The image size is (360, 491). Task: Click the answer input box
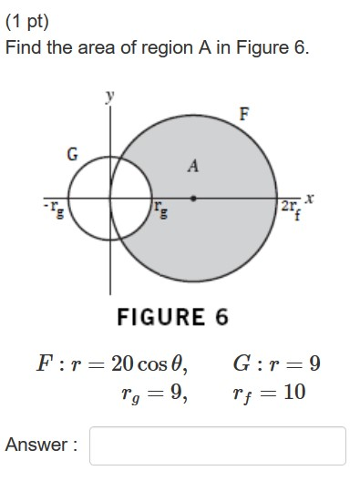[218, 445]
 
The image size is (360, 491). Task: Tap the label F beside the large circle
[243, 114]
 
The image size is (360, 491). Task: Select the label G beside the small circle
[71, 154]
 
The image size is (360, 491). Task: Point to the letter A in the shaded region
[192, 166]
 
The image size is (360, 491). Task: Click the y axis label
[110, 95]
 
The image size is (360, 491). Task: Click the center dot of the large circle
[192, 196]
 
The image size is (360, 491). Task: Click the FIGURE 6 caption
[172, 317]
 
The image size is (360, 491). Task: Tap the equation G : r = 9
[276, 363]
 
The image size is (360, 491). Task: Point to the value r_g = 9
[154, 394]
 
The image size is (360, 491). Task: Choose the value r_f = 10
[269, 393]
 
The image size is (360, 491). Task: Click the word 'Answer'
[36, 445]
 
